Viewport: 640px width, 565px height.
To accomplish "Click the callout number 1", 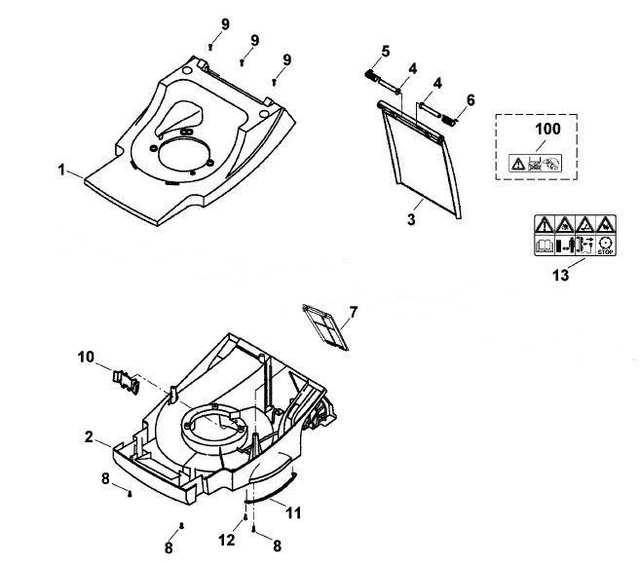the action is [61, 169].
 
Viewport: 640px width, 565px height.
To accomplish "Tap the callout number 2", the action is [89, 437].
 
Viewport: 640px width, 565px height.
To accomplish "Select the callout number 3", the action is [411, 219].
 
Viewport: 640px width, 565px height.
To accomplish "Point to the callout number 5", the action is [386, 52].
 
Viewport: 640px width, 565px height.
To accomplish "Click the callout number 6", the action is [471, 100].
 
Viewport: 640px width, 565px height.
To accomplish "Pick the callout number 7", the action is [353, 313].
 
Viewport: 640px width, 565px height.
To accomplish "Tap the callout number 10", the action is [86, 357].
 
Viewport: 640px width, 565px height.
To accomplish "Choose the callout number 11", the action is [293, 512].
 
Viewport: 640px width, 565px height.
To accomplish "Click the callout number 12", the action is [227, 540].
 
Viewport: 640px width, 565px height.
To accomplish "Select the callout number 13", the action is [560, 275].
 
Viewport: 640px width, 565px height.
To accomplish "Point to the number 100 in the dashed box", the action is [547, 129].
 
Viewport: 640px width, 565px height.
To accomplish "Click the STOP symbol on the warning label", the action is [605, 246].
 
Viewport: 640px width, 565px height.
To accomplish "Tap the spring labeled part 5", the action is [370, 75].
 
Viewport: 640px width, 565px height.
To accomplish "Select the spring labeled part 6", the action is [449, 120].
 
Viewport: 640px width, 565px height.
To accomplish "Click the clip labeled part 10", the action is [126, 381].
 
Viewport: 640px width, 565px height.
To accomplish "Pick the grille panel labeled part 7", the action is [325, 327].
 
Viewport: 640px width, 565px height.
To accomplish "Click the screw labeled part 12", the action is [245, 517].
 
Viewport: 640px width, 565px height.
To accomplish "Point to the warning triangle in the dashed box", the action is [517, 164].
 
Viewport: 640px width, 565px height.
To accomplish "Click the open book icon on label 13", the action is [545, 246].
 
